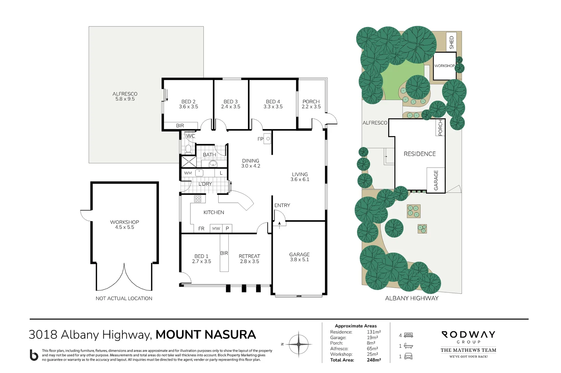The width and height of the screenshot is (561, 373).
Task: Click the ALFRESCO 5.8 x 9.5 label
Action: click(x=125, y=96)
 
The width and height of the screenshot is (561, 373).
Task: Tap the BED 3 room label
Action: click(x=230, y=104)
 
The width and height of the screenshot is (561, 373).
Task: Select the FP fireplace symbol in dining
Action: click(x=268, y=139)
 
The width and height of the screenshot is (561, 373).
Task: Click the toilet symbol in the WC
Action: click(x=188, y=149)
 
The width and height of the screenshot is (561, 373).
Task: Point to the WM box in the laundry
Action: click(x=188, y=173)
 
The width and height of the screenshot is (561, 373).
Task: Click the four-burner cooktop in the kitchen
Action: click(x=198, y=199)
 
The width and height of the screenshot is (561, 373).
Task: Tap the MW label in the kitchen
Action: click(x=216, y=229)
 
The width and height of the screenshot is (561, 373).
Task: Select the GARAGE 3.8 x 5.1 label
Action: click(x=299, y=257)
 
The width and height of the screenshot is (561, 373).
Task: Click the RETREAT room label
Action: click(x=249, y=259)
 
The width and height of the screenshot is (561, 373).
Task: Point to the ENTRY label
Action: click(x=282, y=205)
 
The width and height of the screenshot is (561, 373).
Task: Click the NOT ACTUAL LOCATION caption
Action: click(x=124, y=298)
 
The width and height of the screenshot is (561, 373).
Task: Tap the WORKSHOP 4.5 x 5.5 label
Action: click(x=124, y=224)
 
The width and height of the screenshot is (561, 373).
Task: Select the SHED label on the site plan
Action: click(x=451, y=42)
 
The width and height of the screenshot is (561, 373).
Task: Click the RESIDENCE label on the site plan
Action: click(x=419, y=154)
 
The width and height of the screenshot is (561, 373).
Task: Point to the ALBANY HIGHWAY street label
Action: click(x=411, y=298)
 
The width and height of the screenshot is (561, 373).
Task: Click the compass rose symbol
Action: click(x=298, y=344)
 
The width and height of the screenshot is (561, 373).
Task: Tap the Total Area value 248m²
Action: click(x=374, y=360)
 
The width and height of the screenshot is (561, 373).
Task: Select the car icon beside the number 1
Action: click(x=408, y=356)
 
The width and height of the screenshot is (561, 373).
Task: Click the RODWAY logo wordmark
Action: click(x=468, y=334)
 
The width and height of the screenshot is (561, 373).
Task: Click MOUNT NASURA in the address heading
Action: click(x=206, y=335)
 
